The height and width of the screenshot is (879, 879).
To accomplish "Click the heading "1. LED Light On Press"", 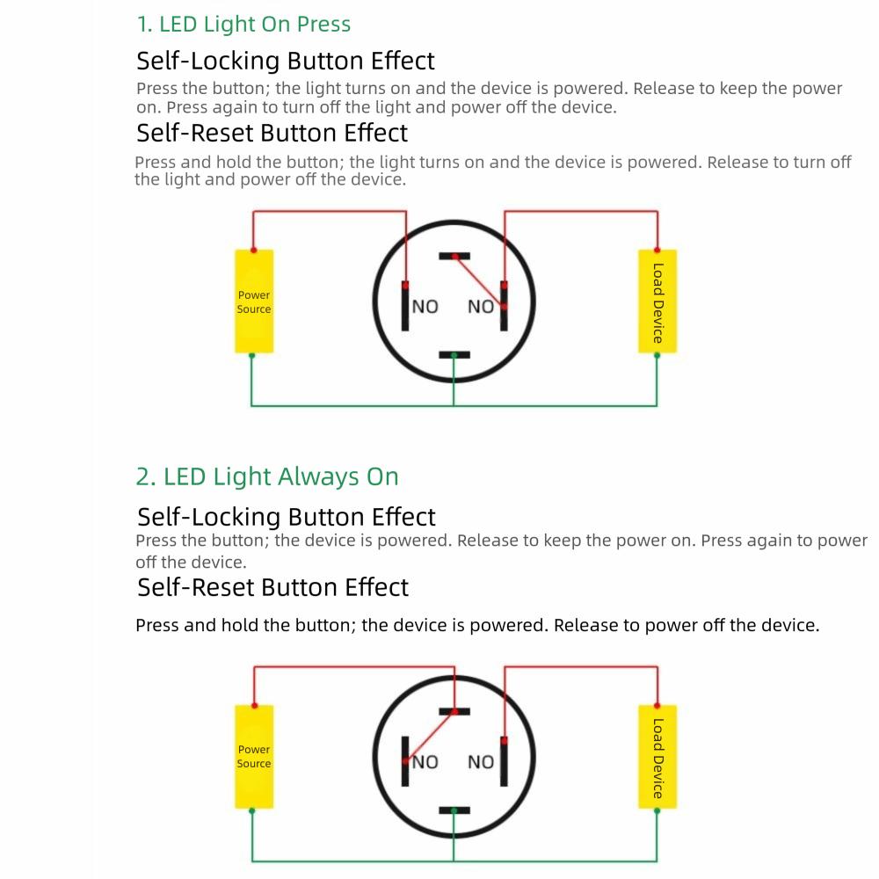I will coord(243,25).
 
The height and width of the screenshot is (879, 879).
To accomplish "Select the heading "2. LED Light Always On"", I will coord(267,477).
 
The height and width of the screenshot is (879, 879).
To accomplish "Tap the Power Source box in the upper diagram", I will coord(254,301).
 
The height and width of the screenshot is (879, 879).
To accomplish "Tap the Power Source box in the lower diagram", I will coord(254,756).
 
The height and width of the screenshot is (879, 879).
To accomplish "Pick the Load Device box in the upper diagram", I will coord(657,301).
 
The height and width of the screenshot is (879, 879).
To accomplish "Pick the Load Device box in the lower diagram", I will coord(657,756).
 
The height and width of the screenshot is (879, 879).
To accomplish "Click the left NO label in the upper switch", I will coord(425,307).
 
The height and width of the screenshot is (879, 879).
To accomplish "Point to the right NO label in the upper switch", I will coord(481,307).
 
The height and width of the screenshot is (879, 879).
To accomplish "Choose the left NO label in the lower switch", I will coord(425,762).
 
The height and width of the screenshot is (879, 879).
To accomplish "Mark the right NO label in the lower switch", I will coord(481,762).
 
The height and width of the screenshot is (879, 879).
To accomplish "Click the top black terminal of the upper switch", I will coord(454,257).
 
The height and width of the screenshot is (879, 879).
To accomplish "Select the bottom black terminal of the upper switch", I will coord(454,355).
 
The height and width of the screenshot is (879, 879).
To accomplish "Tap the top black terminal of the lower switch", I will coord(454,711).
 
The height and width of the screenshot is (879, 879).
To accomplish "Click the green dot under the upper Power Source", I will coord(252,356).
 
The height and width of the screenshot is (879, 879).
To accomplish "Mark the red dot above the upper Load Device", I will coord(657,250).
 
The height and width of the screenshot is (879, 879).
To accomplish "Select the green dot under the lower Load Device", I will coord(657,810).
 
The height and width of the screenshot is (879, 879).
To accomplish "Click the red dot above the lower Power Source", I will coord(254,704).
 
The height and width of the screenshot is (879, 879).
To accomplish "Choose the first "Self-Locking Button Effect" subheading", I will coord(286,62).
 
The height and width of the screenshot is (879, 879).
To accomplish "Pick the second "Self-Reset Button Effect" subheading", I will coord(273,587).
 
